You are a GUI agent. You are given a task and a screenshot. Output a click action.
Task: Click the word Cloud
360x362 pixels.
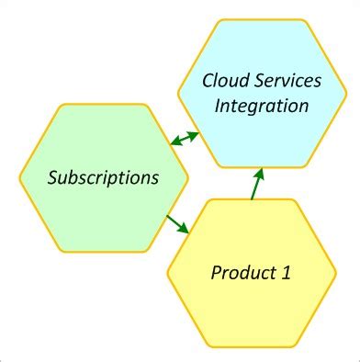click(x=226, y=82)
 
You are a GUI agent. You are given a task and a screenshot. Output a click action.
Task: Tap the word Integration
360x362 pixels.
click(x=262, y=105)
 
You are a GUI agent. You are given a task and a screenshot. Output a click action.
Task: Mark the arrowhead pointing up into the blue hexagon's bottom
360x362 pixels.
click(x=261, y=171)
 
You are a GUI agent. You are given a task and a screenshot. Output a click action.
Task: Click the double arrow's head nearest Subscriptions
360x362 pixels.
click(x=174, y=144)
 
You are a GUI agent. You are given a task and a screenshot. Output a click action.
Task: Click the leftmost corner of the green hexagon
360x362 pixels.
click(x=20, y=176)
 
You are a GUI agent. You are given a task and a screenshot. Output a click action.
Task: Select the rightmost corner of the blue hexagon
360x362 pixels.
click(x=347, y=92)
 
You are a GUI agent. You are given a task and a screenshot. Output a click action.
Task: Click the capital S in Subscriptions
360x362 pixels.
click(x=53, y=175)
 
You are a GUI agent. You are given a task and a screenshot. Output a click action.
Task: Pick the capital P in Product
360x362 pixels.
click(x=217, y=272)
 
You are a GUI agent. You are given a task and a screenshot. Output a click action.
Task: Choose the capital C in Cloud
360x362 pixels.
click(x=208, y=82)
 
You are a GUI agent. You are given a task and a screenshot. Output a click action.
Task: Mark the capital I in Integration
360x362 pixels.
click(x=219, y=105)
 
